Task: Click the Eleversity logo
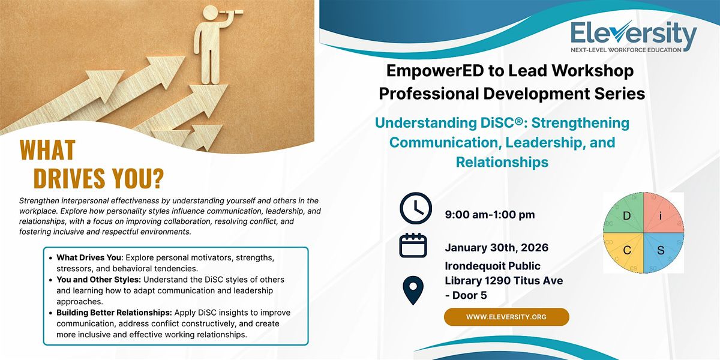coord(634,37)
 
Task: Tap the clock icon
coord(416,208)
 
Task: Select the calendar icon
coord(413,245)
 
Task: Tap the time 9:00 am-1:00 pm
coord(490,215)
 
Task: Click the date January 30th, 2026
coord(497,247)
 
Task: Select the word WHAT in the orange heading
coord(47,150)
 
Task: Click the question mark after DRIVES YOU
coord(157,178)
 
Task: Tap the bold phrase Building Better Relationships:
coord(115,313)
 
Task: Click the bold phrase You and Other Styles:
coord(98,280)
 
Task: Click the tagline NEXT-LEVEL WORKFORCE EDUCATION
coord(626,50)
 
